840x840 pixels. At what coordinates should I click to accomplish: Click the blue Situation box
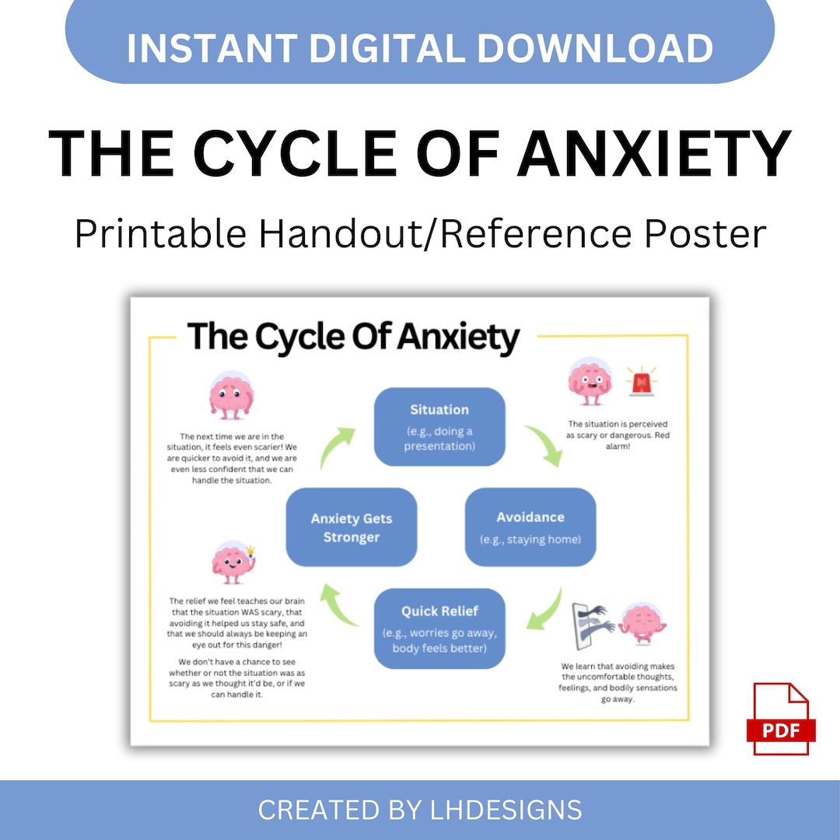(439, 426)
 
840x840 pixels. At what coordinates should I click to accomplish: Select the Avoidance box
(530, 527)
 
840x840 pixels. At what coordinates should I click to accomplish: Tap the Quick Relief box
(439, 628)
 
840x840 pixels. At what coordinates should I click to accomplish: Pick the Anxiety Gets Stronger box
(352, 527)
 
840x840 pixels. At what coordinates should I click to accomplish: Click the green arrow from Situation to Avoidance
(543, 445)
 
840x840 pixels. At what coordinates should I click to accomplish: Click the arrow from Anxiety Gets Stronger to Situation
(337, 446)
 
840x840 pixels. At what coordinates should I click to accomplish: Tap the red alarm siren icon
(641, 382)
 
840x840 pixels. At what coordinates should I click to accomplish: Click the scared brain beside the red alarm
(590, 381)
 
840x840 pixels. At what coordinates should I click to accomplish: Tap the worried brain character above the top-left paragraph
(231, 396)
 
